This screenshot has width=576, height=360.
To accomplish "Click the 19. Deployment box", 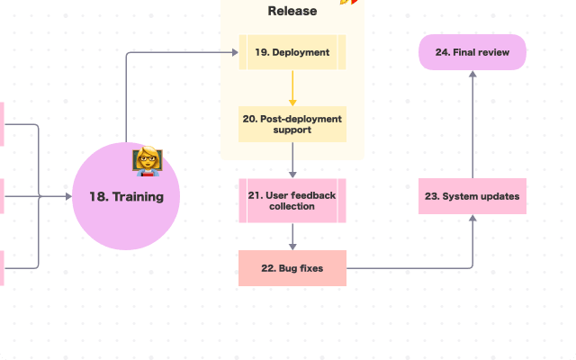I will (x=292, y=52).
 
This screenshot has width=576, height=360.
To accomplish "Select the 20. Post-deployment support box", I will (x=292, y=124).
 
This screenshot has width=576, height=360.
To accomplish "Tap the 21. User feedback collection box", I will (x=292, y=200).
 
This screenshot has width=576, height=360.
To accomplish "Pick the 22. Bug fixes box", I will (x=292, y=268).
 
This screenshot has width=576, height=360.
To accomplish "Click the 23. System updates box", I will (x=472, y=196).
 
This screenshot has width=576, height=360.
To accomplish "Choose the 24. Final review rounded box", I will (x=472, y=52).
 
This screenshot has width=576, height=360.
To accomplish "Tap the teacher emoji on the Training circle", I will (x=147, y=161).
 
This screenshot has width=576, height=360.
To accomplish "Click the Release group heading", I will (x=292, y=12).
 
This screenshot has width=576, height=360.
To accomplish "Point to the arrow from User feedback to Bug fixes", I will (x=292, y=236).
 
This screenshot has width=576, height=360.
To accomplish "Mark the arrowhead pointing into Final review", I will (x=472, y=75).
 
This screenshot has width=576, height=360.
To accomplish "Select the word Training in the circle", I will (x=138, y=196).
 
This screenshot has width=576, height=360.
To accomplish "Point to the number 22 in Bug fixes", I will (x=268, y=268).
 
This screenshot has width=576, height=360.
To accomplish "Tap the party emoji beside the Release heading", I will (x=349, y=3).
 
